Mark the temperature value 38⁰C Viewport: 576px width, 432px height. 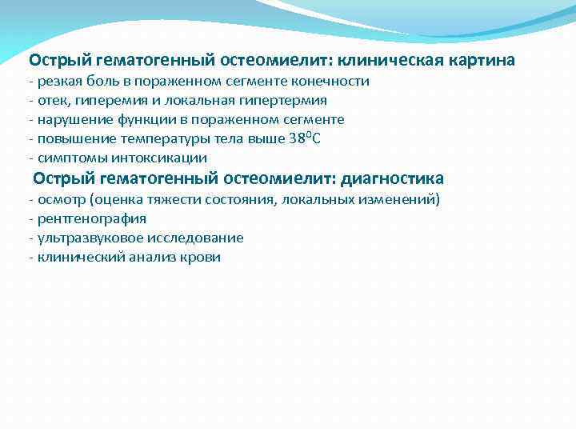click(304, 138)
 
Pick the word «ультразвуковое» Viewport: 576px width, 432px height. click(82, 238)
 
